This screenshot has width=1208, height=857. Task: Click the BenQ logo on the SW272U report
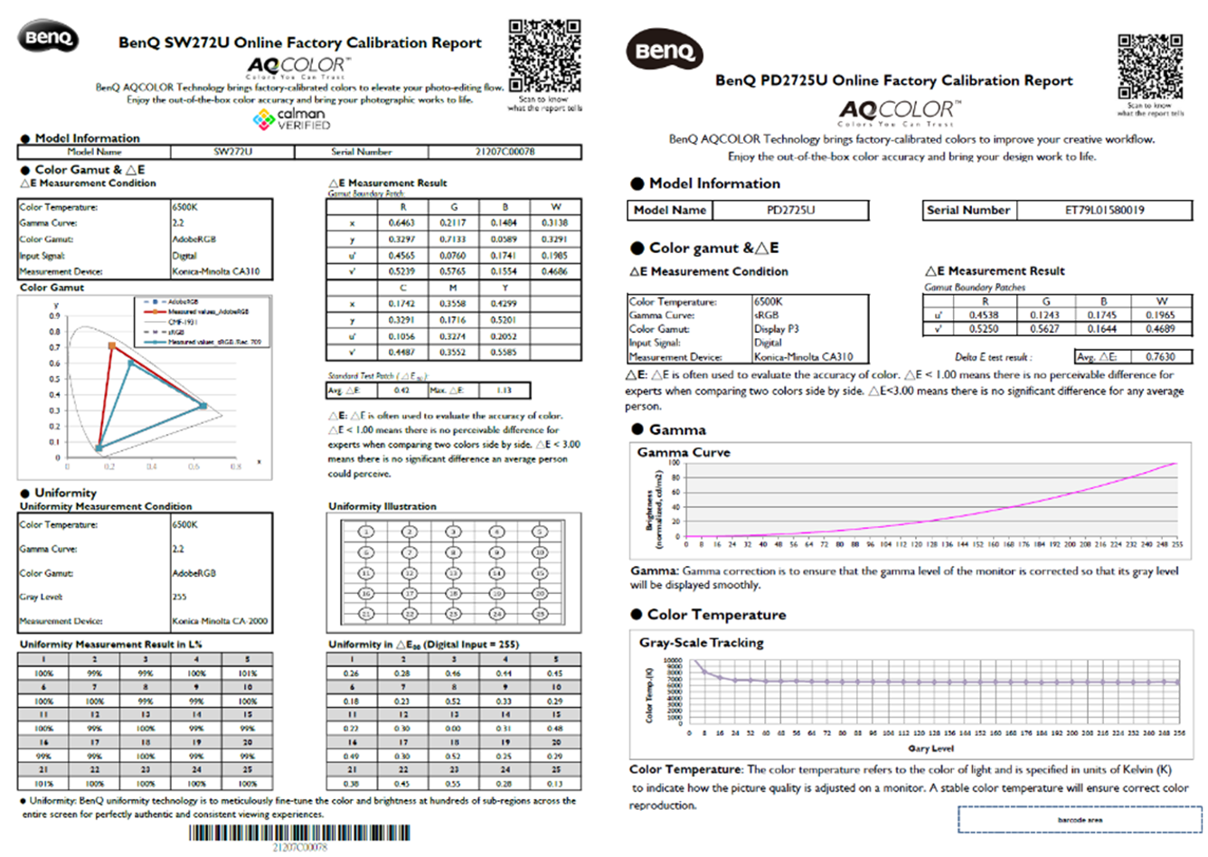[x=48, y=38]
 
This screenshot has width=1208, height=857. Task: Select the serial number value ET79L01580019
[x=1104, y=210]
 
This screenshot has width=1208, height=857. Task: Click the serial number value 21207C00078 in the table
[x=505, y=152]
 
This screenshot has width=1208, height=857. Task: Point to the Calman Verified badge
[x=292, y=119]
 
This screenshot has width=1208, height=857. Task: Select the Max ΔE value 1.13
[x=504, y=391]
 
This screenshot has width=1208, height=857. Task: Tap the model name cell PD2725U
[x=790, y=210]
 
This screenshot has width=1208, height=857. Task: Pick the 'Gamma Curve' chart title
[x=684, y=452]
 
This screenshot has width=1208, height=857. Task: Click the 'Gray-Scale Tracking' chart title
[x=702, y=643]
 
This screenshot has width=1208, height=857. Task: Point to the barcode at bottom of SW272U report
[x=299, y=833]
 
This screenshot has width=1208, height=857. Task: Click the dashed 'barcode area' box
[x=1080, y=820]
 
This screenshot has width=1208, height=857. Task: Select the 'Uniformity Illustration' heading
[x=382, y=506]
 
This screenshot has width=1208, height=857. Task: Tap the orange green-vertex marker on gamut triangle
[x=112, y=346]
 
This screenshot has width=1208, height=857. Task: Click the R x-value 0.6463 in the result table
[x=401, y=222]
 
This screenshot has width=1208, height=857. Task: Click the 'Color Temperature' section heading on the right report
[x=716, y=615]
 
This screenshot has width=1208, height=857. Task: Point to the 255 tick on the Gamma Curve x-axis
[x=1176, y=545]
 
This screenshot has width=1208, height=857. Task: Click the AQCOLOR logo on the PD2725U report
[x=901, y=111]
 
